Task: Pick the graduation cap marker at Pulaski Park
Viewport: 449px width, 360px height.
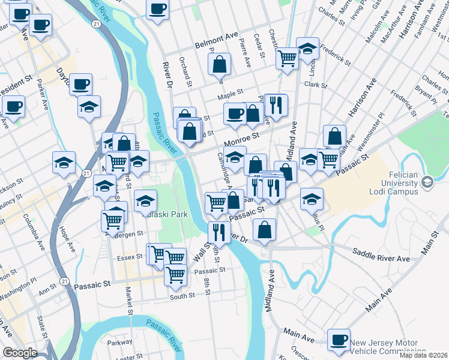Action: (x=145, y=200)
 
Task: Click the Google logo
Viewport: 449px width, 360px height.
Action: (x=20, y=353)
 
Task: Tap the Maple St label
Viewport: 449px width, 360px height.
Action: (x=230, y=94)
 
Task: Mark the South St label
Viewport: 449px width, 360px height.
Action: (x=182, y=296)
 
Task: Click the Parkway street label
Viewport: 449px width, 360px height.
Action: (x=120, y=342)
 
